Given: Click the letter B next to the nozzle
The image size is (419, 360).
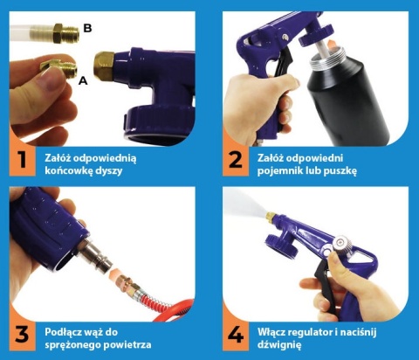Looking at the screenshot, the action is tap(87, 28).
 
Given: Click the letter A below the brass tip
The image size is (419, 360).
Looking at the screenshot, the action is tap(83, 80).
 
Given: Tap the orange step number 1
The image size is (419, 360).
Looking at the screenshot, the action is tap(23, 160).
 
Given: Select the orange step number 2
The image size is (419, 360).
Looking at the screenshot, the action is tap(235, 160).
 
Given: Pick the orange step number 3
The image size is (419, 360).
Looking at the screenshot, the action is tap(23, 334).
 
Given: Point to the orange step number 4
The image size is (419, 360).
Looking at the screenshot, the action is tap(236, 334).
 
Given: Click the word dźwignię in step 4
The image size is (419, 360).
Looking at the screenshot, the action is tap(279, 345).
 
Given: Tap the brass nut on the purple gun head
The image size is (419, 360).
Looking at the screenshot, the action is tap(104, 66).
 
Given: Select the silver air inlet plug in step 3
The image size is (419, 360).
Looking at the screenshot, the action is tap(97, 254).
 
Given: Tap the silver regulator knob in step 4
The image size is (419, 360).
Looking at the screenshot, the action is tap(342, 244).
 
